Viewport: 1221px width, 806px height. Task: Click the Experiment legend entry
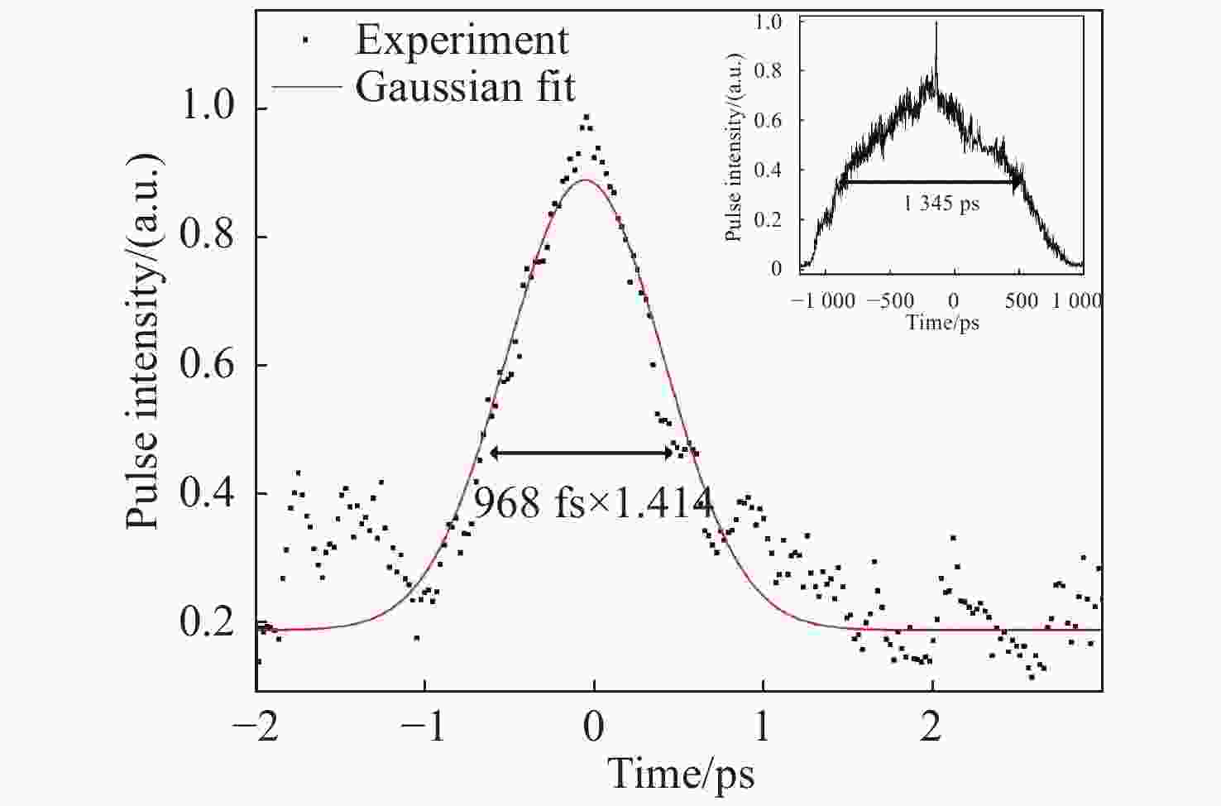(462, 40)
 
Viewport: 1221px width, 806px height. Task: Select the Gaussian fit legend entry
(465, 87)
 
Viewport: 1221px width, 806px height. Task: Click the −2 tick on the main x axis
(255, 728)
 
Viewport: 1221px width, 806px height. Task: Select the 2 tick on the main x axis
(932, 728)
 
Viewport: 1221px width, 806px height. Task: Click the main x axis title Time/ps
(681, 774)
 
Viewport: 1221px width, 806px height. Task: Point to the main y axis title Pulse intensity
(143, 340)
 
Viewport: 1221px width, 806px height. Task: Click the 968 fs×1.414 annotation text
(592, 502)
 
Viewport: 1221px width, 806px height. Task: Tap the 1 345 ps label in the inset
(941, 203)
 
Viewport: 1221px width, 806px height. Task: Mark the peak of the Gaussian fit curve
(586, 180)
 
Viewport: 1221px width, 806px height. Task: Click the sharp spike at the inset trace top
(936, 25)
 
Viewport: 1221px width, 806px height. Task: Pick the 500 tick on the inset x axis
(1021, 300)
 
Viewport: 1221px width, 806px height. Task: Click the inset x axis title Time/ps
(942, 322)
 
